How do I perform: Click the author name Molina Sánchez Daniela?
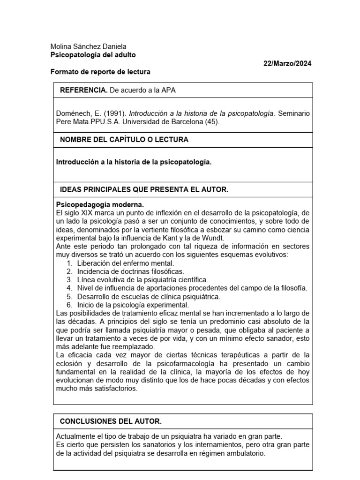point(88,47)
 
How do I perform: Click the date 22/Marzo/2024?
point(287,63)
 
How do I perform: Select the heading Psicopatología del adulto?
point(93,55)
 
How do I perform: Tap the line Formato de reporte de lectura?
point(100,72)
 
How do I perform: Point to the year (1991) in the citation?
point(114,113)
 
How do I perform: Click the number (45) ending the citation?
point(211,121)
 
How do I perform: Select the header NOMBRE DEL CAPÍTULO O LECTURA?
point(124,140)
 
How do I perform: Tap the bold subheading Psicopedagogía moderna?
point(100,205)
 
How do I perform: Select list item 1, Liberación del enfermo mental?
point(125,263)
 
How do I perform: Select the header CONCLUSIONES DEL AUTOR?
point(111,421)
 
